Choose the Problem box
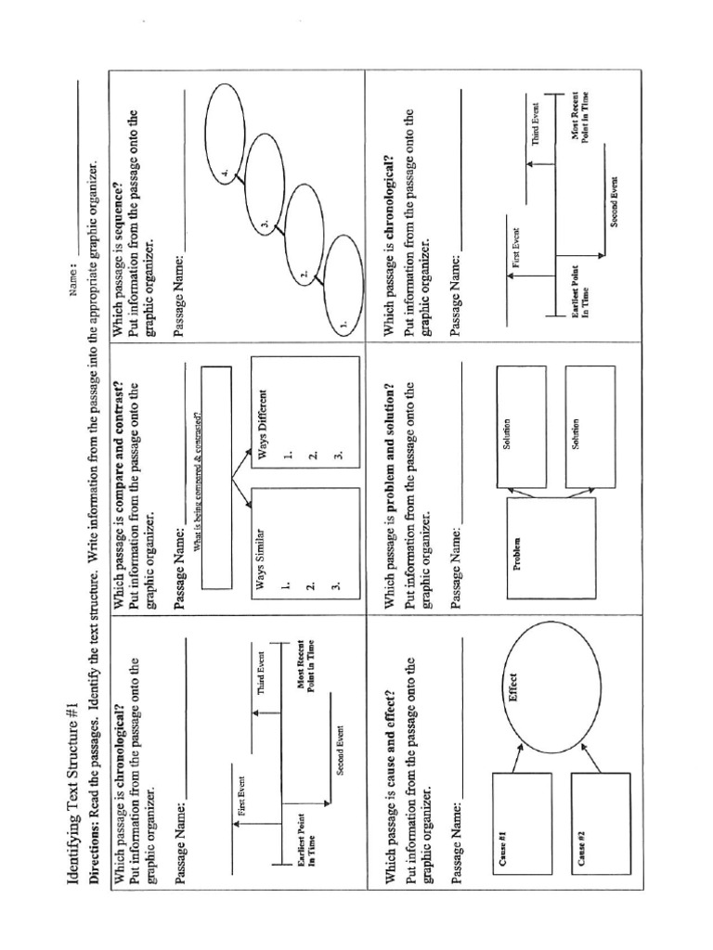click(551, 548)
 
